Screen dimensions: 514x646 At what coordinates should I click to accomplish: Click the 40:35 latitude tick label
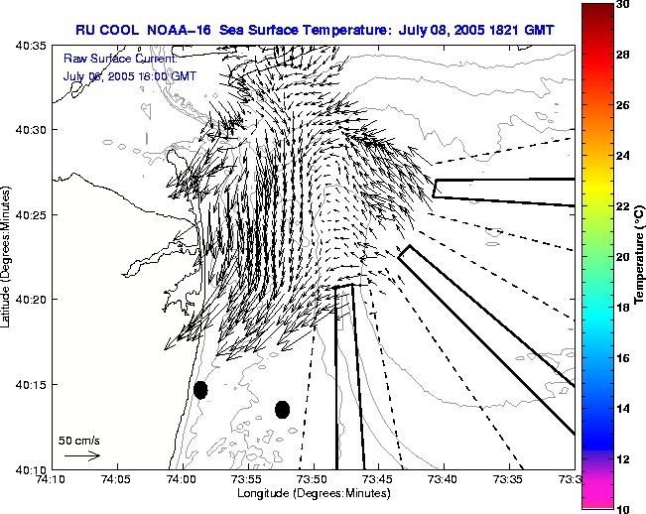click(29, 46)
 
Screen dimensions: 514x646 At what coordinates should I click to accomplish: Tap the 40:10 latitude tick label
click(29, 469)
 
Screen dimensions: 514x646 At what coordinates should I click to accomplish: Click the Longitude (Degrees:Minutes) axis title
click(313, 493)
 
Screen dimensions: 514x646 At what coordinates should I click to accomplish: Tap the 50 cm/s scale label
click(79, 440)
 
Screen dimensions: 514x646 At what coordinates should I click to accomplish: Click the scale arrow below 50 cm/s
click(82, 455)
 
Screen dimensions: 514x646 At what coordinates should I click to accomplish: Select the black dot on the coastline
click(200, 390)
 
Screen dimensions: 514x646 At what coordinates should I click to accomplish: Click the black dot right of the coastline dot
click(282, 409)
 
